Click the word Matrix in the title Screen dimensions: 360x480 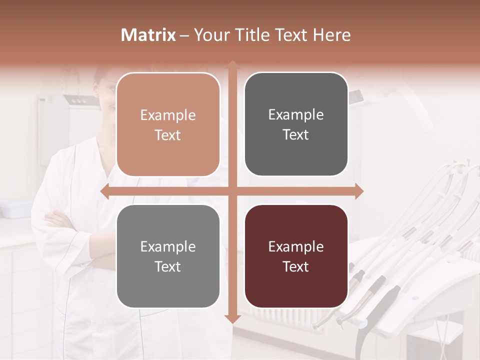(148, 35)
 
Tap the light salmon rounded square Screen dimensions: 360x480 (168, 124)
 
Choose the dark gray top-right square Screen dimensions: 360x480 (296, 124)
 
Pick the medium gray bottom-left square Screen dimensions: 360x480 (168, 256)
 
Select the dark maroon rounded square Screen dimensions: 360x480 (296, 256)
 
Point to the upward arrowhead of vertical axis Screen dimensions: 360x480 (232, 64)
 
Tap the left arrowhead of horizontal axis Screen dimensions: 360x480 (104, 191)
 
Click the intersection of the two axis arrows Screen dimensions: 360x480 (232, 191)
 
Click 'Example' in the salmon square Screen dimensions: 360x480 (168, 115)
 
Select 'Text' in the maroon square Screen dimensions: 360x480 (296, 267)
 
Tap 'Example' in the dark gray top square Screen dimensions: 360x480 (296, 115)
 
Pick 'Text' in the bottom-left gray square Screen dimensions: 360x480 (168, 267)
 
